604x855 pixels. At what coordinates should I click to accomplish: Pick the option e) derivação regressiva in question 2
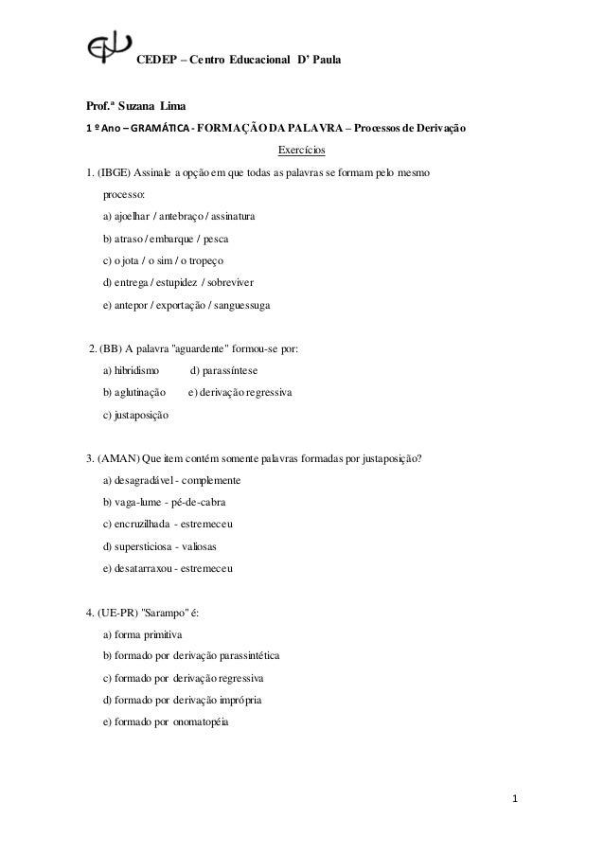[240, 392]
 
